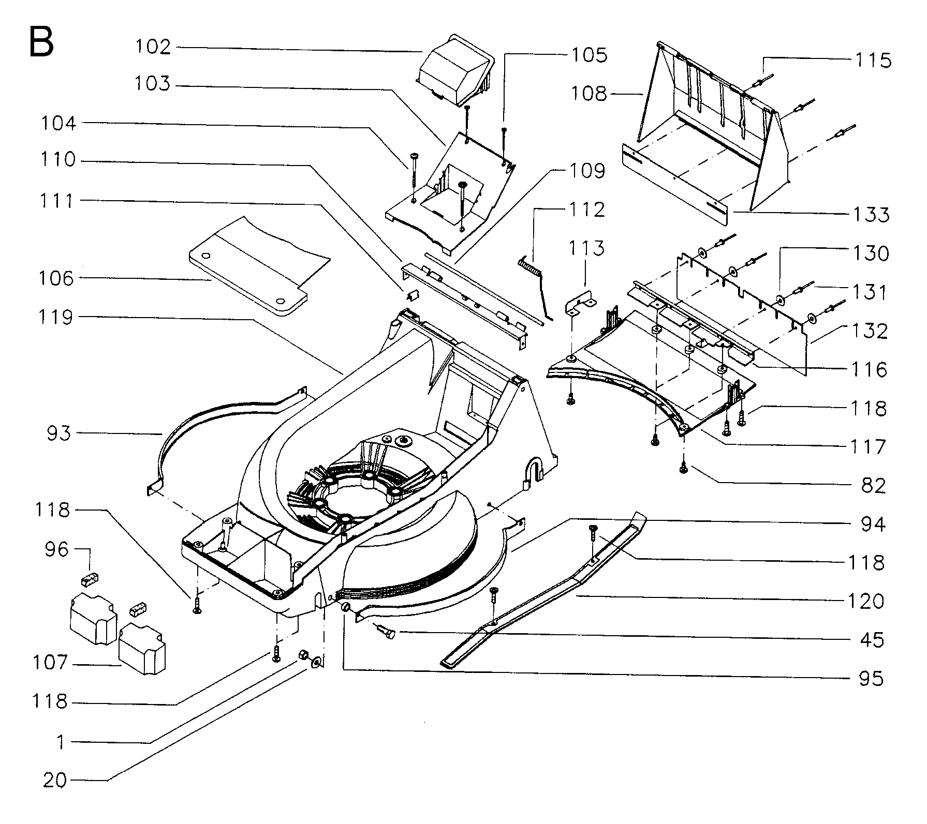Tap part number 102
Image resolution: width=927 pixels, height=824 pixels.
[153, 47]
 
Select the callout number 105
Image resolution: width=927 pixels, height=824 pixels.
[589, 55]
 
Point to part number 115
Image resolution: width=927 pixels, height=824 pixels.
[873, 61]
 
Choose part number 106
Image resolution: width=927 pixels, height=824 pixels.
[56, 279]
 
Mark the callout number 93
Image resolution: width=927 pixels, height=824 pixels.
[58, 433]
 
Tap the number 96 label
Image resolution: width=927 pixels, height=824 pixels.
[56, 549]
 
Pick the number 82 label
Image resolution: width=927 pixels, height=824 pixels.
[873, 486]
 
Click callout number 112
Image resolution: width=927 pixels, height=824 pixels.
[587, 209]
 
